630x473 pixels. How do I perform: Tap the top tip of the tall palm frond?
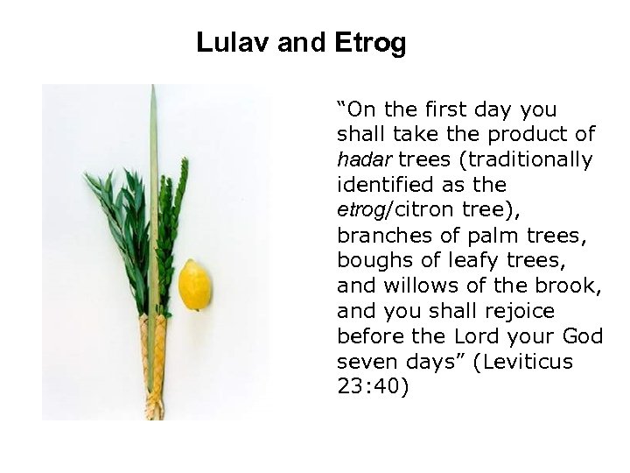pos(153,88)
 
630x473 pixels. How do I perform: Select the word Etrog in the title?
pos(370,43)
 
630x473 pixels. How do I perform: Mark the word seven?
pos(363,361)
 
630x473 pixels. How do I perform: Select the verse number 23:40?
pos(367,386)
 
